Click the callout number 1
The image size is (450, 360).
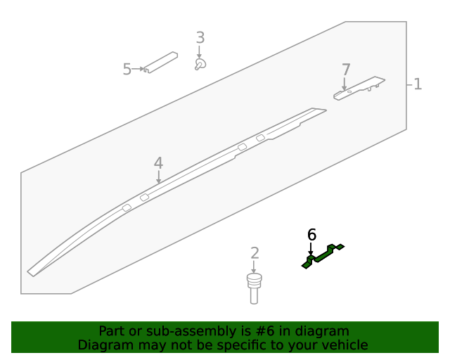(x=418, y=84)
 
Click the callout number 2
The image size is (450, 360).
(x=255, y=253)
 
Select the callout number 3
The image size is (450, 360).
(x=200, y=38)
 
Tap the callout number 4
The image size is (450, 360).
(x=158, y=163)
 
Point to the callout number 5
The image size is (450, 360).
(x=127, y=69)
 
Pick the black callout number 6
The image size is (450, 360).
(x=311, y=234)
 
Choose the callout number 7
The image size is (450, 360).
(x=345, y=70)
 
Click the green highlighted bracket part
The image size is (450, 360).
(x=323, y=256)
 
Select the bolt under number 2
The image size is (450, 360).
(x=254, y=287)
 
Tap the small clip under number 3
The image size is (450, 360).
(x=200, y=65)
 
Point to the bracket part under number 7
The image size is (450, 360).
(x=359, y=88)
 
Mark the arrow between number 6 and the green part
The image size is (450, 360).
(x=311, y=249)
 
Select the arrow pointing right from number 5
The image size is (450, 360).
(x=138, y=68)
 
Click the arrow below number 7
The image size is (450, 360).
(x=344, y=84)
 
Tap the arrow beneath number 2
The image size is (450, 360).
(x=254, y=266)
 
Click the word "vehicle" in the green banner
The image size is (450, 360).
(x=344, y=345)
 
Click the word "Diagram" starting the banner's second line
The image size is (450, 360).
(x=103, y=345)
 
